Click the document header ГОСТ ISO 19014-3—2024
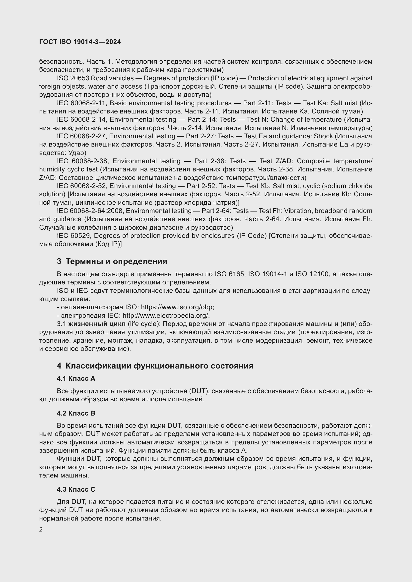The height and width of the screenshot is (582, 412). (80, 42)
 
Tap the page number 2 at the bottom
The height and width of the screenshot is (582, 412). (41, 529)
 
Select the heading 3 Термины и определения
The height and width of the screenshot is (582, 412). (112, 261)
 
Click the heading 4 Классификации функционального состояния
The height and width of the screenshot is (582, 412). (155, 366)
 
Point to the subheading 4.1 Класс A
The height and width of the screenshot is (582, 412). (76, 378)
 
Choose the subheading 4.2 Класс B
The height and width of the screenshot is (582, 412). (76, 414)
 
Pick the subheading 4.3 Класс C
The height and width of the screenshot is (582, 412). (76, 489)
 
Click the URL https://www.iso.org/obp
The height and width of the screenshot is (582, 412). (177, 307)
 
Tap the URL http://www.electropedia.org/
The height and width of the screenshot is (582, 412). (166, 316)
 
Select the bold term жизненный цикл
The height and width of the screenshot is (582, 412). (97, 324)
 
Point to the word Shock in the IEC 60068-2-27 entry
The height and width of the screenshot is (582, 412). (323, 136)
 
